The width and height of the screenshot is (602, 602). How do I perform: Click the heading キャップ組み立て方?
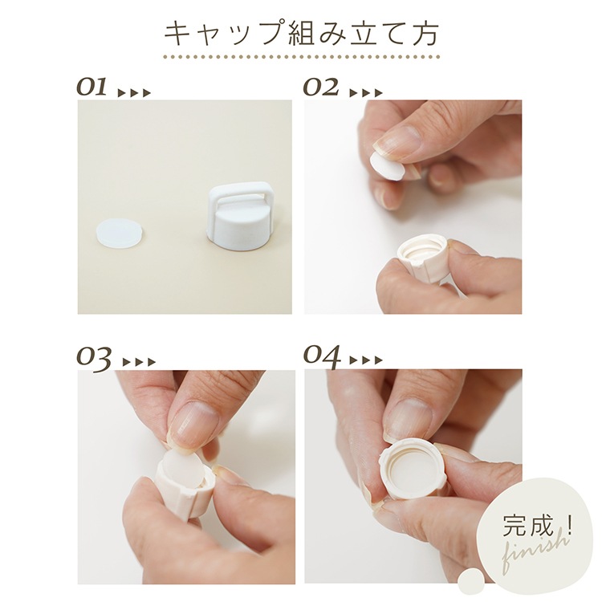coord(301,33)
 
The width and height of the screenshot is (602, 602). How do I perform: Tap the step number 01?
coord(92,87)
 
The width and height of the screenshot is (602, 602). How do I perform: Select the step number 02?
coord(321,87)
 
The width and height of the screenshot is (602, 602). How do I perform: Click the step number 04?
coord(322,356)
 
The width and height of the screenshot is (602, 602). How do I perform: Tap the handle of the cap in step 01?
coord(234,199)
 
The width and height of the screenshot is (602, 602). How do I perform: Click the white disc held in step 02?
coord(386,166)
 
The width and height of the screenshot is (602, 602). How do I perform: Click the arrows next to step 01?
coord(134,93)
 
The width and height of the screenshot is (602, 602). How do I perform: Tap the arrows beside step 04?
coord(366,360)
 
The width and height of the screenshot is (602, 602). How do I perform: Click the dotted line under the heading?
coord(302,57)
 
